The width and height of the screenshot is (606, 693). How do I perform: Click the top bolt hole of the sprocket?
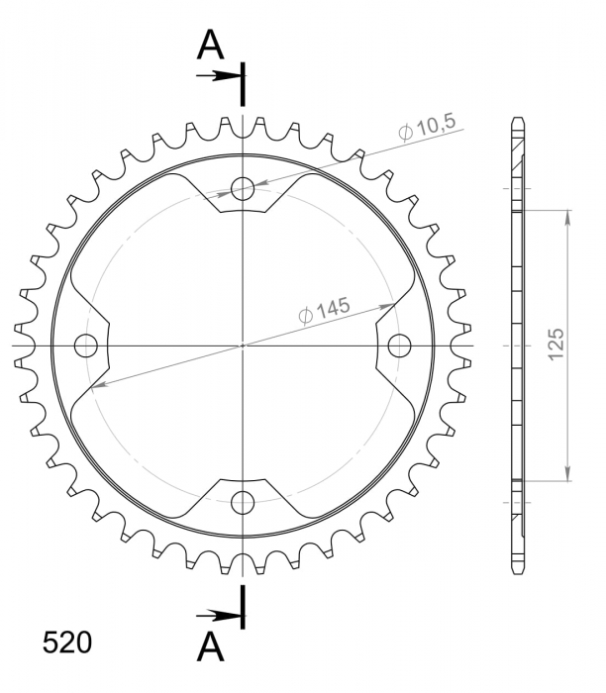click(243, 188)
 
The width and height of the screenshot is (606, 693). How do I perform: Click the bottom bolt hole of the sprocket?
click(243, 502)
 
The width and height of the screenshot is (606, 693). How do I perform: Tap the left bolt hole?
click(86, 346)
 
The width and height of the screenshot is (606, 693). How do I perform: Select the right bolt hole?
click(400, 346)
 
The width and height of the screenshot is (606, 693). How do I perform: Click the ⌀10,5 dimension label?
click(427, 128)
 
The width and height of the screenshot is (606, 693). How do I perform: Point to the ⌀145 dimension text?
click(325, 310)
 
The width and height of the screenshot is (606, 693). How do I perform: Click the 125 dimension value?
click(556, 345)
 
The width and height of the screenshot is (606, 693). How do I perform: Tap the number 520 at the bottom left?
click(67, 643)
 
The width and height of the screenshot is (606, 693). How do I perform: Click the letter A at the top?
click(210, 46)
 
